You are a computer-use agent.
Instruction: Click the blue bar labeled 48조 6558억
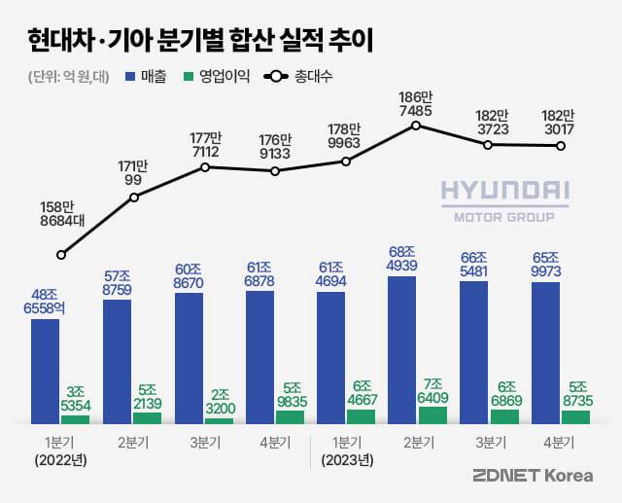click(45, 370)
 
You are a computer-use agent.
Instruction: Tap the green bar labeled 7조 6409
click(432, 415)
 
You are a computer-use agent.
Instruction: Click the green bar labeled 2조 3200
click(218, 420)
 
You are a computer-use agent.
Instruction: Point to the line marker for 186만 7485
click(416, 126)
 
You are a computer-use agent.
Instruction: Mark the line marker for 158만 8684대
click(61, 255)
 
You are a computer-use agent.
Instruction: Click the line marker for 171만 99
click(134, 198)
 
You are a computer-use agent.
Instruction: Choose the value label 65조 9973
click(545, 262)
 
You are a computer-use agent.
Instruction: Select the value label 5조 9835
click(290, 390)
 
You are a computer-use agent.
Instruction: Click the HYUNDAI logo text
click(504, 192)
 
